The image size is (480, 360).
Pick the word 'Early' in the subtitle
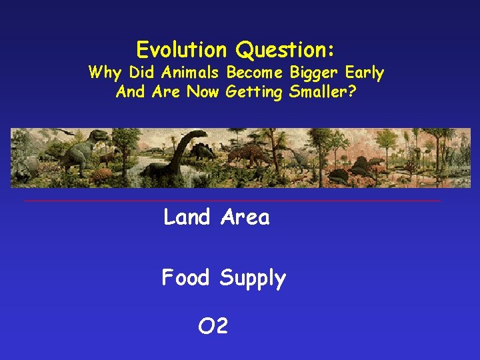pyautogui.click(x=365, y=72)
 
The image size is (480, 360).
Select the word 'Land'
pyautogui.click(x=187, y=217)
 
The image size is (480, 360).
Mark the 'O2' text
pyautogui.click(x=213, y=326)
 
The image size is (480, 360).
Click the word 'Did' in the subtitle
pyautogui.click(x=141, y=72)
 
